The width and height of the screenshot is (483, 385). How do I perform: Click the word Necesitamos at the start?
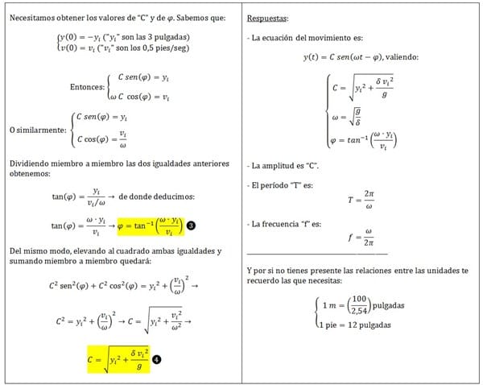pyautogui.click(x=32, y=18)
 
